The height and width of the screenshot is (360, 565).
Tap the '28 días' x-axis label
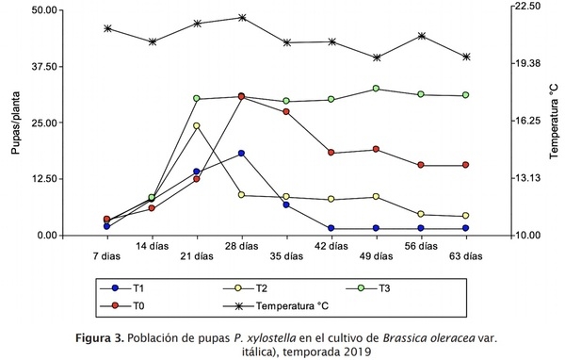pos(242,246)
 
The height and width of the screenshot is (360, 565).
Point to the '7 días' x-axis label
pos(107,254)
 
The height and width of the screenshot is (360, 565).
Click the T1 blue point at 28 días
pos(242,154)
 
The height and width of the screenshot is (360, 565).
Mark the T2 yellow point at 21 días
pos(197,125)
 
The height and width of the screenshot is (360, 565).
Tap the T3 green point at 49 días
pos(376,89)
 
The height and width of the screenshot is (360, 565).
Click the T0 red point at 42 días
pos(331,152)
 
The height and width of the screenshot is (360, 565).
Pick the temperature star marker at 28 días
pos(242,17)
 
